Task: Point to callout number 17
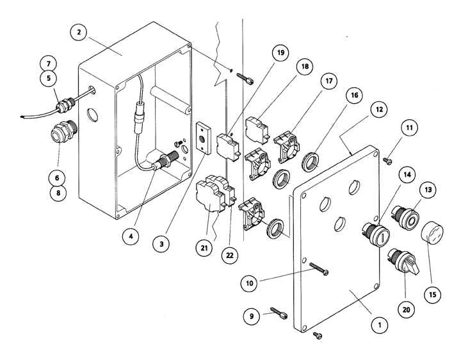pos(328,83)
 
